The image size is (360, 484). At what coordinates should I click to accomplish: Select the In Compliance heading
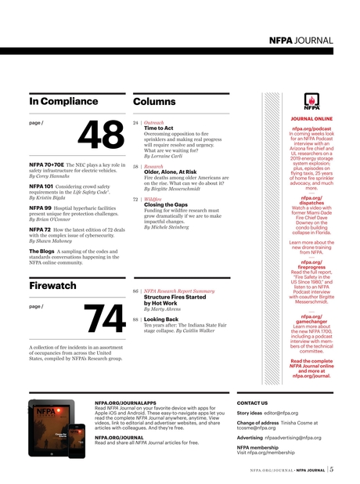pos(63,102)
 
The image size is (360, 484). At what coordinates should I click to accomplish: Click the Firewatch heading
pos(52,286)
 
